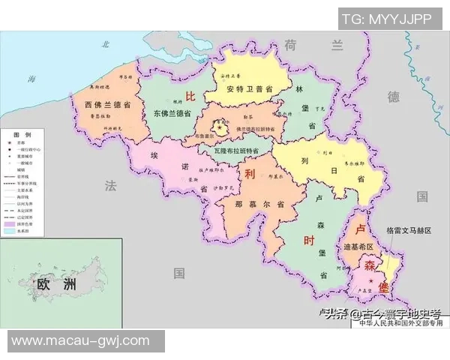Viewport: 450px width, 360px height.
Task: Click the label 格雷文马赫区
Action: pyautogui.click(x=409, y=230)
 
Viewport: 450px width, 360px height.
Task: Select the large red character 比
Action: pyautogui.click(x=190, y=97)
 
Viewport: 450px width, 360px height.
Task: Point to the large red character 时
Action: pyautogui.click(x=309, y=241)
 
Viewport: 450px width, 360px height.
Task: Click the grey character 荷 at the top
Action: pyautogui.click(x=292, y=44)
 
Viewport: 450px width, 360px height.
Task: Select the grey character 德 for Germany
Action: pyautogui.click(x=394, y=97)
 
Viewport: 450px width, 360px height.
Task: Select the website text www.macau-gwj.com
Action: pyautogui.click(x=81, y=340)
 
